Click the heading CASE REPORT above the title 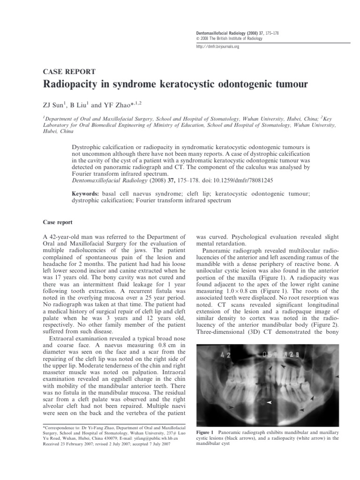coord(69,72)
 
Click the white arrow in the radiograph coord(269,402)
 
